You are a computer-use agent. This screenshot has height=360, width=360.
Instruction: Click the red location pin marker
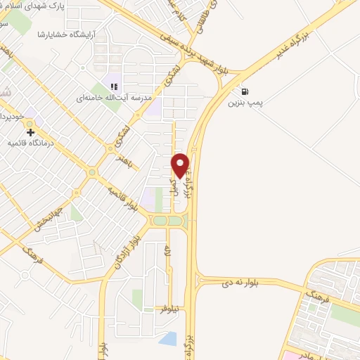[181, 165]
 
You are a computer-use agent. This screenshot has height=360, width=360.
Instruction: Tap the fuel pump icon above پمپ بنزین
[244, 91]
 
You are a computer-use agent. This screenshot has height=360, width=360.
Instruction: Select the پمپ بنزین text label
[245, 103]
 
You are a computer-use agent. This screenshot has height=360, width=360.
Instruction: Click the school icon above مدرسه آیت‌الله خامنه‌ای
[112, 86]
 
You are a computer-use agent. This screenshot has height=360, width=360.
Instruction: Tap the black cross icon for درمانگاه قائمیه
[30, 131]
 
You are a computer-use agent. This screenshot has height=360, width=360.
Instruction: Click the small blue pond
[168, 339]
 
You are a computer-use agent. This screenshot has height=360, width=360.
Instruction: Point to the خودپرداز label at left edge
[13, 115]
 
